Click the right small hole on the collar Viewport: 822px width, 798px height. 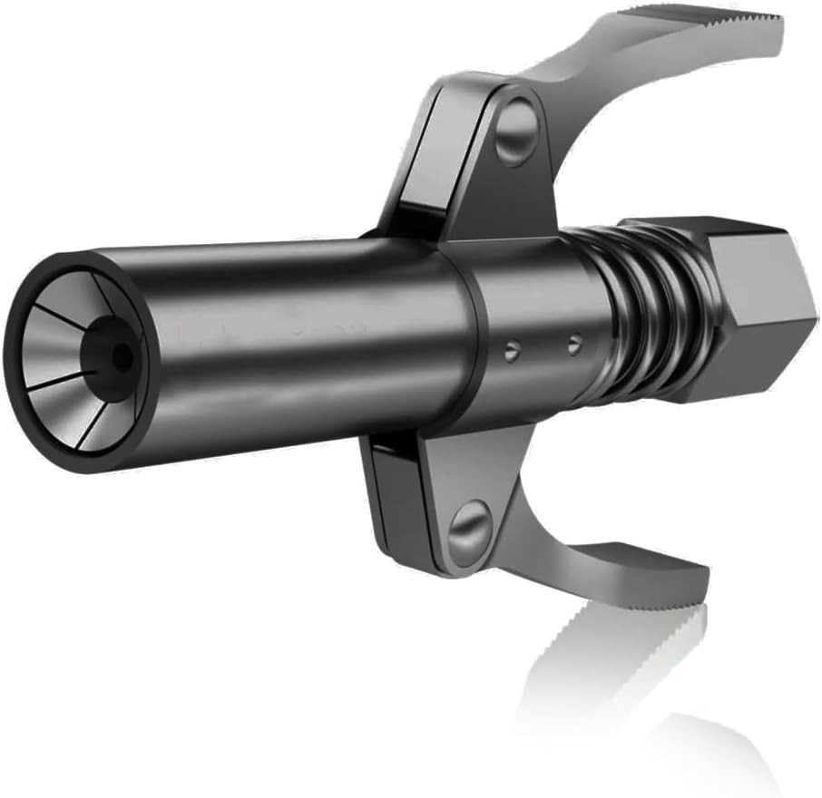click(x=572, y=343)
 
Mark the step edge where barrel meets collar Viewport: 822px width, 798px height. click(x=473, y=336)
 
